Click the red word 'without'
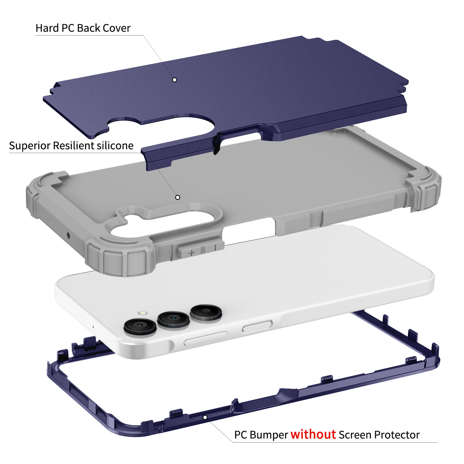(x=313, y=434)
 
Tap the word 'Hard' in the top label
(x=47, y=28)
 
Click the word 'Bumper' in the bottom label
(x=268, y=435)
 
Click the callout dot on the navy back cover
(x=174, y=80)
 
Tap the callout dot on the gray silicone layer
(x=178, y=198)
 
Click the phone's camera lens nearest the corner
(x=140, y=326)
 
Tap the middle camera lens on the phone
(x=173, y=319)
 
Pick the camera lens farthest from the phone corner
(x=206, y=312)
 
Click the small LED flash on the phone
(x=143, y=313)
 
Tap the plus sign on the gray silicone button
(x=191, y=253)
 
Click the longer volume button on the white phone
(x=205, y=338)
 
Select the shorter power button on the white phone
(x=257, y=326)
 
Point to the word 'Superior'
(x=30, y=145)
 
